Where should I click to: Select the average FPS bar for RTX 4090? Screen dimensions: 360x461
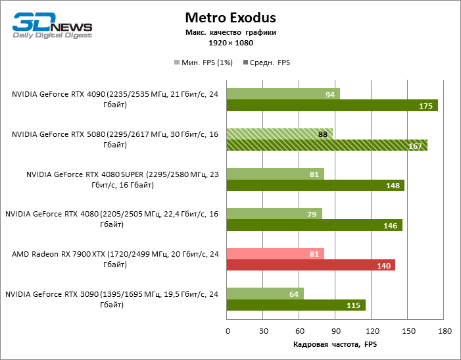[x=332, y=106]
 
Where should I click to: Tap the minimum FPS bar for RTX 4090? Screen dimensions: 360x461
[x=283, y=94]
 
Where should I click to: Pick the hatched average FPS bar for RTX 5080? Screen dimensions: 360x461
[x=327, y=145]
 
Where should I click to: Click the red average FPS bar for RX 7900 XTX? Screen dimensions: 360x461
[x=310, y=265]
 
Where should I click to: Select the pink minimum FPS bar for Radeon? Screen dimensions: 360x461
[x=275, y=253]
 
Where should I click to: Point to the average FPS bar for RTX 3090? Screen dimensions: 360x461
[x=296, y=305]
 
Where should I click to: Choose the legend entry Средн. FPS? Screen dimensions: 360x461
[x=266, y=63]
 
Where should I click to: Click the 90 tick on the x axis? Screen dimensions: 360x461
[x=335, y=330]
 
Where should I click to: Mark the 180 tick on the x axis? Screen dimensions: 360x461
[x=445, y=330]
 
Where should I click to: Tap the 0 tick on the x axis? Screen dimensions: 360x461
[x=227, y=330]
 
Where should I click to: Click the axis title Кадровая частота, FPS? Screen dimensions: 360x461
[x=335, y=345]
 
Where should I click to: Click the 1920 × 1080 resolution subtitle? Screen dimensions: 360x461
[x=230, y=43]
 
